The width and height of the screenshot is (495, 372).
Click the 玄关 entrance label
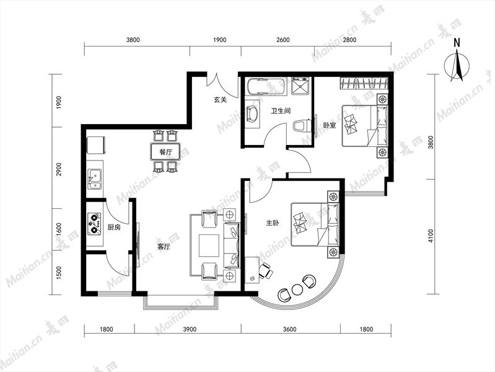pos(220,100)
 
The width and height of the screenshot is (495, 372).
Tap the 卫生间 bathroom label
pos(281,111)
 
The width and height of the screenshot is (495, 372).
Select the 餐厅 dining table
pos(165,152)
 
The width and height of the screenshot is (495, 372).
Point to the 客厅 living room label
pos(163,247)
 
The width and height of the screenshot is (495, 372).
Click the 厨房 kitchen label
pos(114,228)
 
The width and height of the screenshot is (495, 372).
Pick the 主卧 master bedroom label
pos(273,223)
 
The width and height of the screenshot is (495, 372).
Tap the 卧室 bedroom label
pos(329,125)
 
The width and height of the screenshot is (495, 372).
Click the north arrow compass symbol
pos(457,63)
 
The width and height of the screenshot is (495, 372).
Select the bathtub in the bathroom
pos(267,86)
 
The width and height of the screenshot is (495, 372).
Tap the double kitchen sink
pos(95,179)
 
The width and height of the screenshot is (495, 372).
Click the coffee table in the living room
pos(209,246)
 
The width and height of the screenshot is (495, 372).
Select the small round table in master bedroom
pos(297,290)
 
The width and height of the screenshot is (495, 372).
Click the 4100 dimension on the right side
pos(431,236)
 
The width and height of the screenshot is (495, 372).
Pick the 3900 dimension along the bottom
pos(190,329)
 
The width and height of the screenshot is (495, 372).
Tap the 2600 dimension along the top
pos(283,40)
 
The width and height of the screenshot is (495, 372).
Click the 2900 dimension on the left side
pos(59,169)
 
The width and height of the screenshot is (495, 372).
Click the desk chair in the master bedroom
pos(266,270)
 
